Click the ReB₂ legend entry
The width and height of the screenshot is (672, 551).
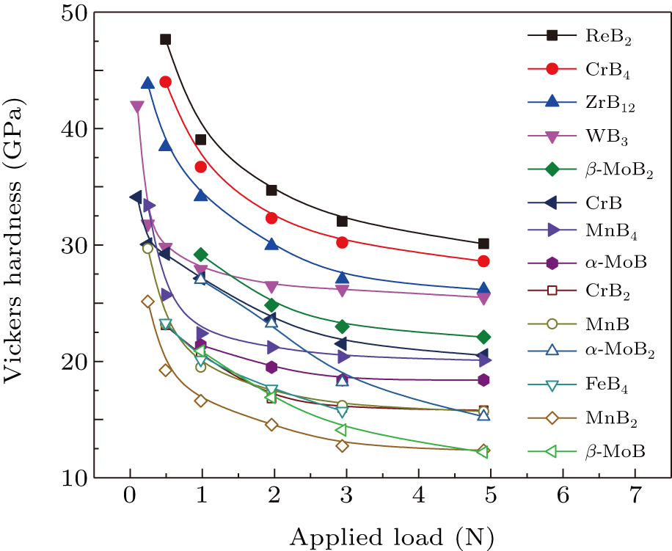click(605, 35)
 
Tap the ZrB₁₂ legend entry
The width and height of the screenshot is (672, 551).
click(610, 106)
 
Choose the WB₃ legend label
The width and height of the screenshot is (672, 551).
click(606, 137)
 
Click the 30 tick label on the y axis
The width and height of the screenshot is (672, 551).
click(76, 245)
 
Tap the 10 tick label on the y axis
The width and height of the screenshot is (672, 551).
click(76, 478)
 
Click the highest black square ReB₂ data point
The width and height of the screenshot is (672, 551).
click(165, 40)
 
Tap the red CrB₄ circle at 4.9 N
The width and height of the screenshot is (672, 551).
click(483, 261)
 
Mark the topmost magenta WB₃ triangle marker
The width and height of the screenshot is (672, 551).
click(136, 107)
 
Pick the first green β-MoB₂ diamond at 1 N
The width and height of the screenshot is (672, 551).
click(200, 255)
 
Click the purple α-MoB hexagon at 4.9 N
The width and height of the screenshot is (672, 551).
click(483, 380)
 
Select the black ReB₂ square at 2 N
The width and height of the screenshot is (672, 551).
click(271, 190)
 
